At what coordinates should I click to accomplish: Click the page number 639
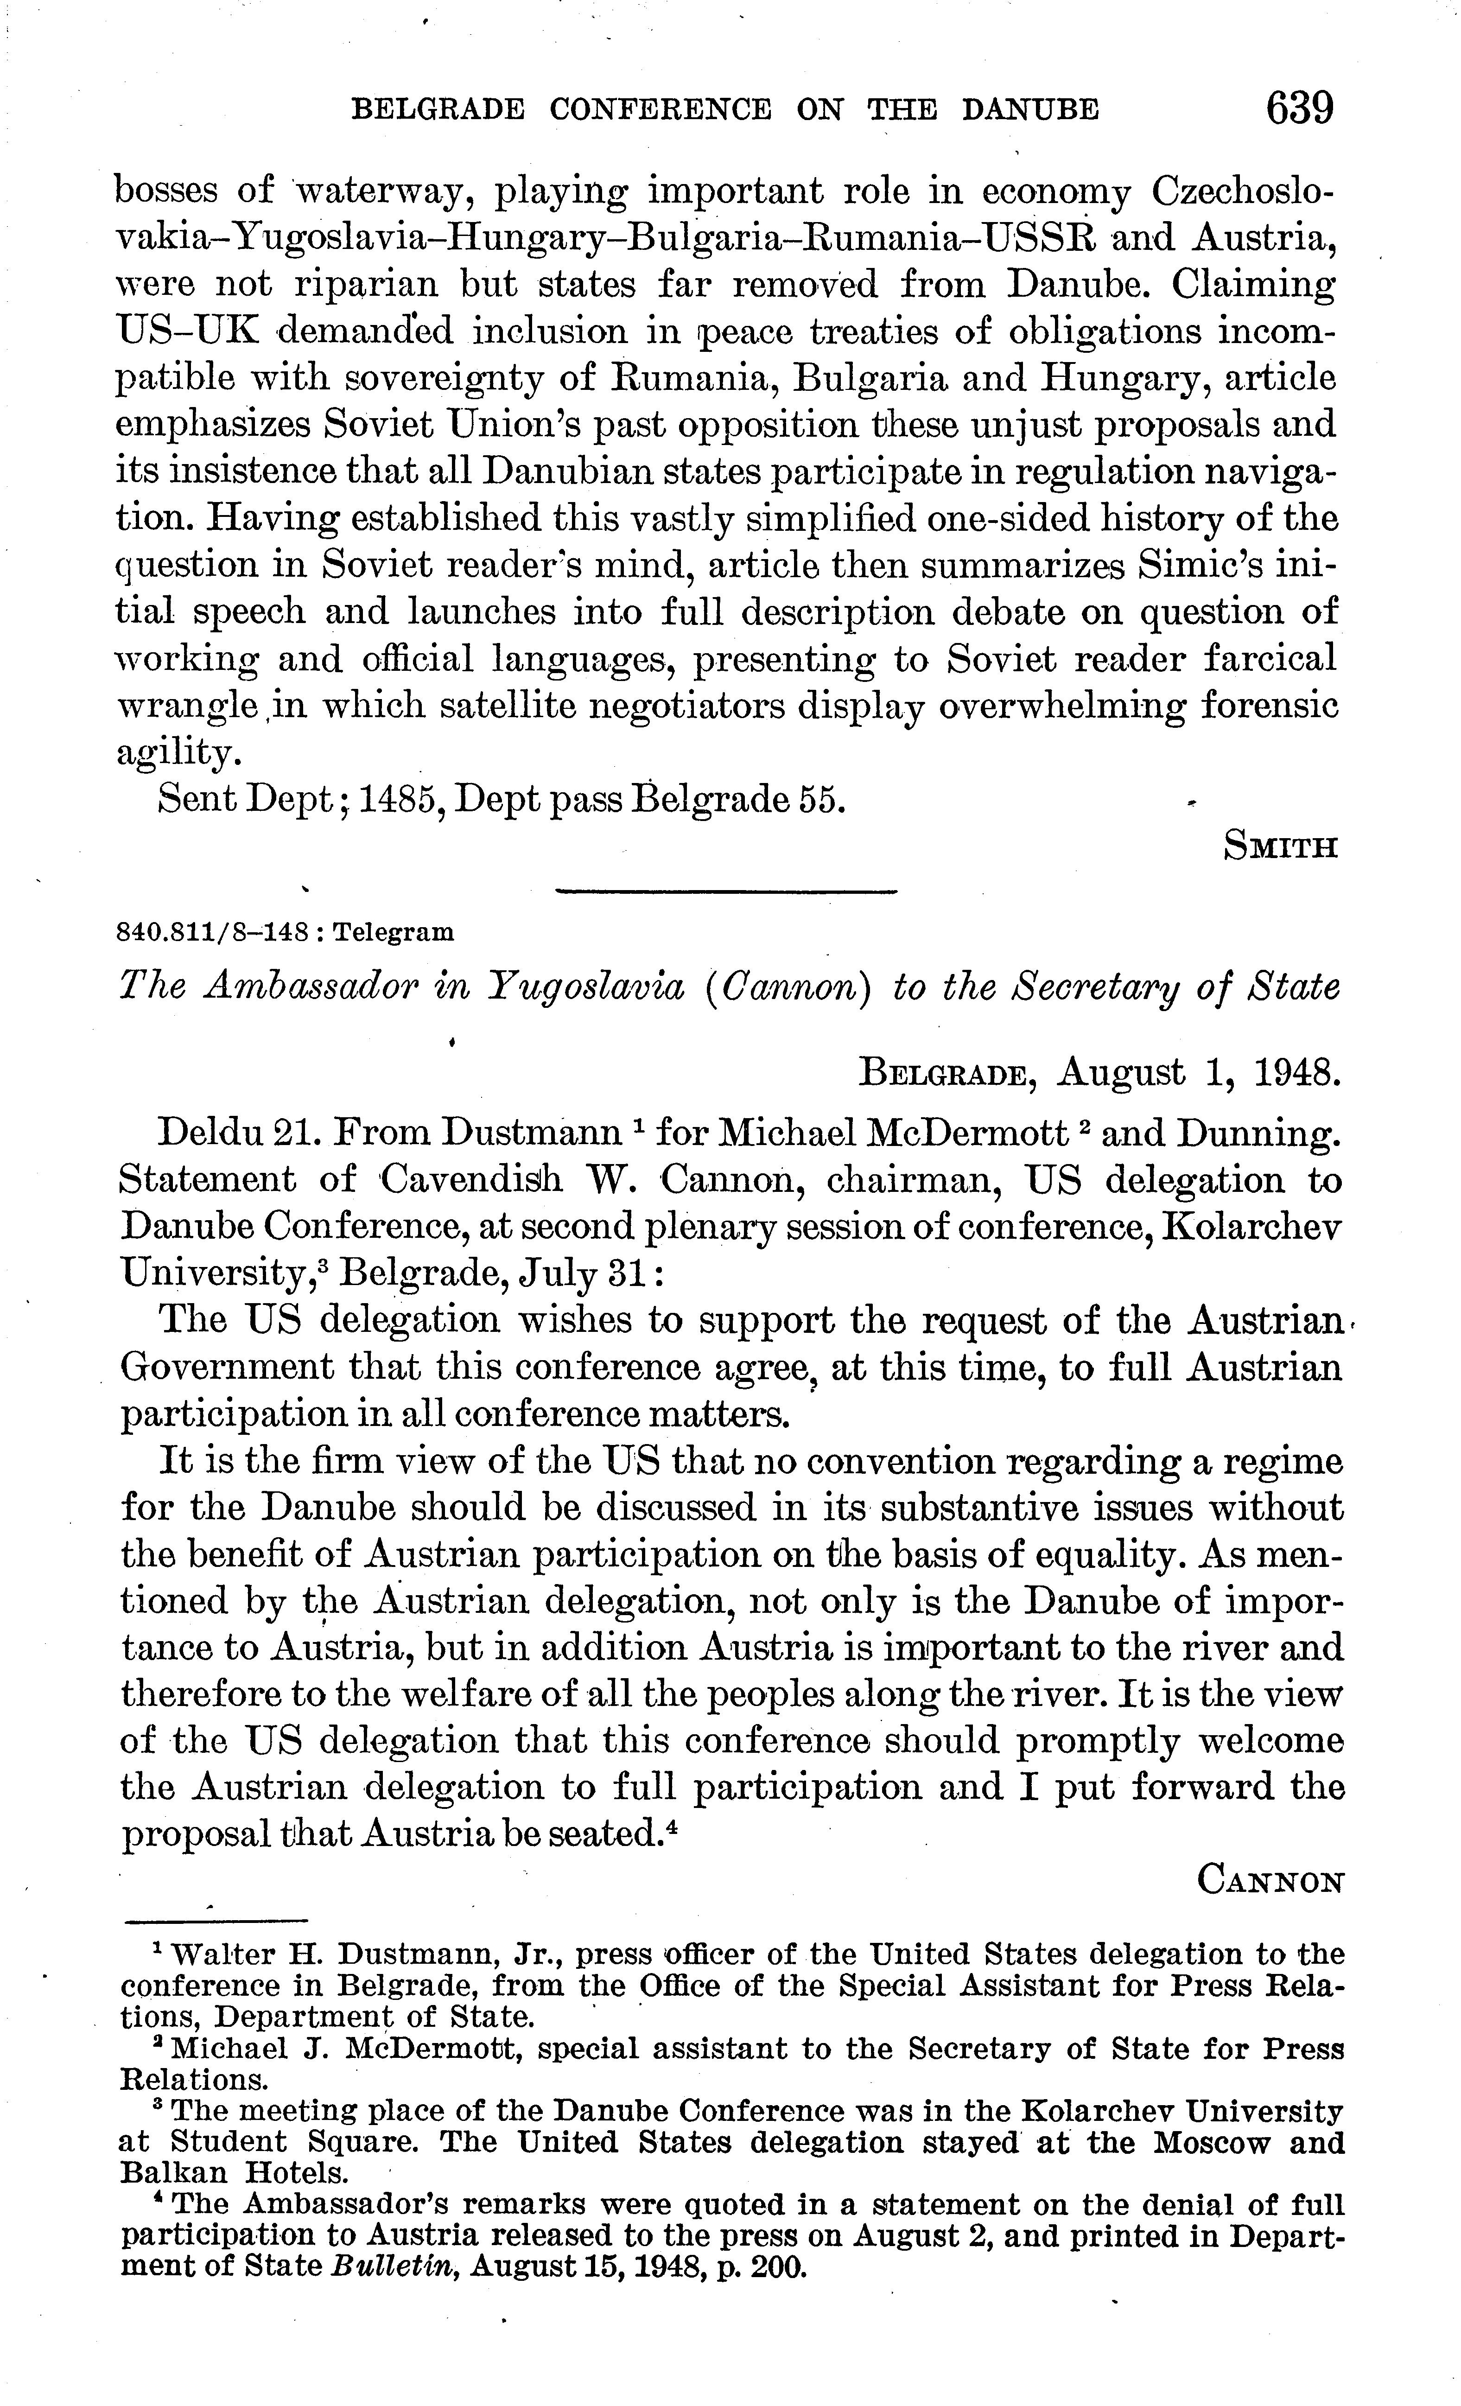click(x=1299, y=108)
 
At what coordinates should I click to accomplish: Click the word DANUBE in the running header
click(x=1030, y=109)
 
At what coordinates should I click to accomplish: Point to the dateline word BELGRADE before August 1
click(x=942, y=1074)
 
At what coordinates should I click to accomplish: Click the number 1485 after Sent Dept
click(x=399, y=800)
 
